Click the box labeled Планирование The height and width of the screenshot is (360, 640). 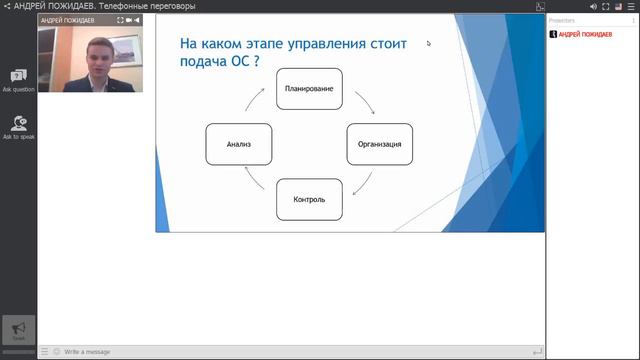coord(309,88)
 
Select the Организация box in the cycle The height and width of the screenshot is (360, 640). coord(379,144)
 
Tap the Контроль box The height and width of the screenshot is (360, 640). coord(309,199)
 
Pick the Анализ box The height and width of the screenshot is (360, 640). coord(238,144)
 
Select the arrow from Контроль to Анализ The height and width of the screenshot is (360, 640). coord(254,185)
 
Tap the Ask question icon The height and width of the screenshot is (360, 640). coord(18,77)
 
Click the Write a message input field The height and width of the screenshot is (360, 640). coord(290,352)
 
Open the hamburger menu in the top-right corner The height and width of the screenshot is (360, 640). coord(632,6)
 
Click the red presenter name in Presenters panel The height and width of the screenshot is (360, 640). coord(585,34)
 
